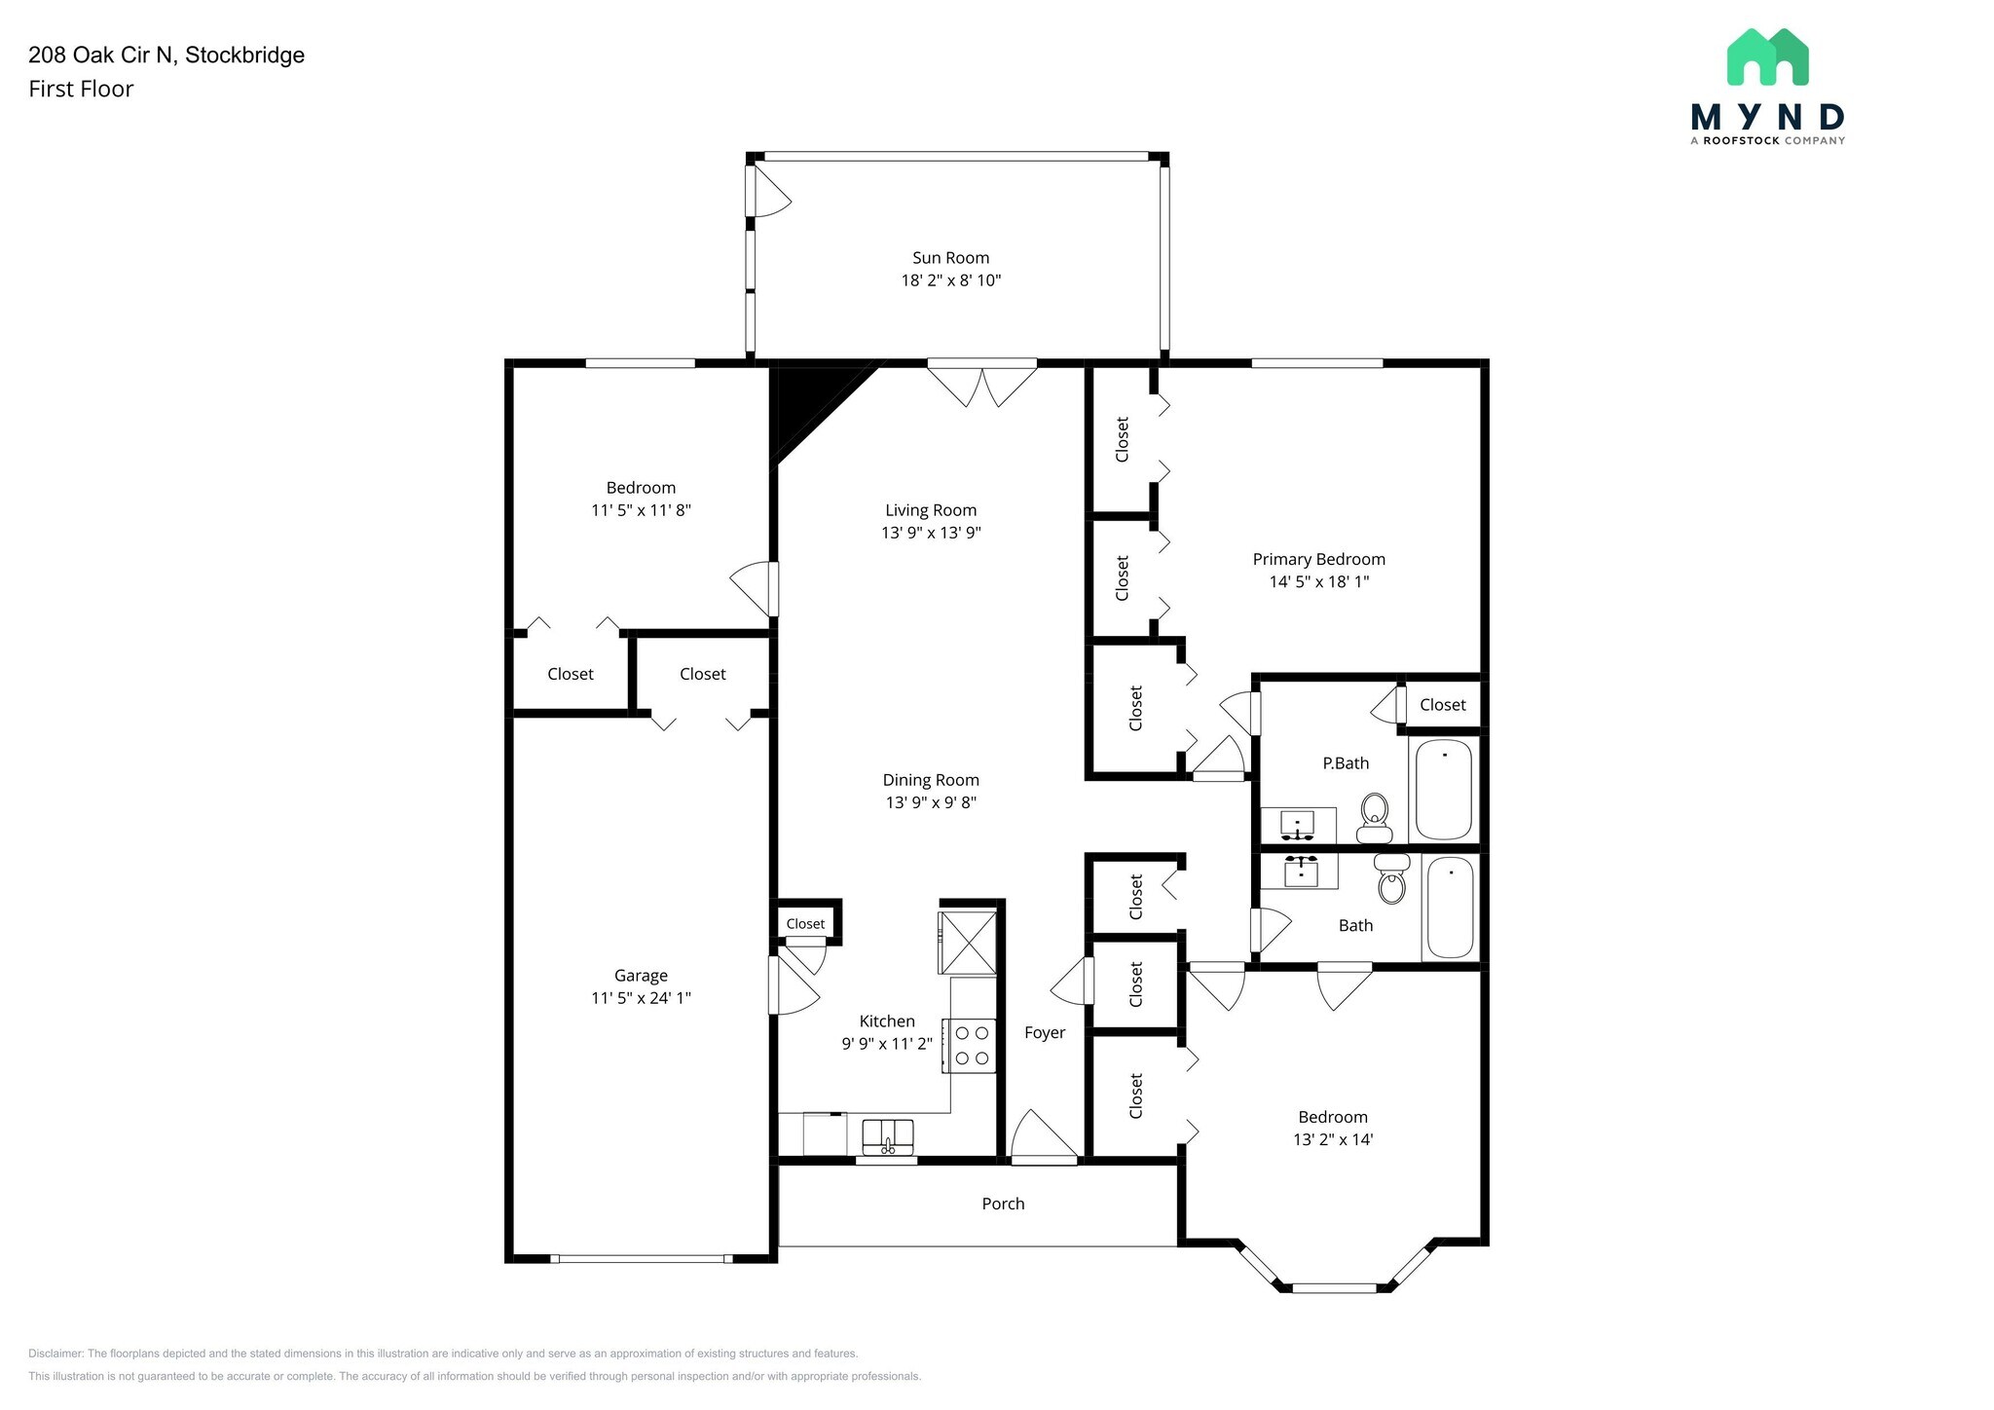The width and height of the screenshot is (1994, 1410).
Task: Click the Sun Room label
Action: (x=950, y=258)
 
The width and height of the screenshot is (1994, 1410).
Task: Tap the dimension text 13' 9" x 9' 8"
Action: (x=930, y=802)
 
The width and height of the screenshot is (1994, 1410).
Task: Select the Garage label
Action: (x=641, y=975)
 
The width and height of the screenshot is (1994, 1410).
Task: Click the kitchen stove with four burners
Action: (x=970, y=1046)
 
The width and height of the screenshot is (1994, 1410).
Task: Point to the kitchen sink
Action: (x=888, y=1135)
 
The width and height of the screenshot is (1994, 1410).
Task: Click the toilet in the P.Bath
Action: (x=1374, y=817)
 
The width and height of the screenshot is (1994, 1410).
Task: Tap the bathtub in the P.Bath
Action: (x=1443, y=789)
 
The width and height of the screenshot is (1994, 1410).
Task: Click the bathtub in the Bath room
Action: (x=1450, y=908)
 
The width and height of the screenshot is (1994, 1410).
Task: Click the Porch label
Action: (x=1003, y=1204)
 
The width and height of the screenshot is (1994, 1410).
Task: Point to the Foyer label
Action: (x=1045, y=1032)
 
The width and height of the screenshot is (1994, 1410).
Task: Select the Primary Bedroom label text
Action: (x=1318, y=559)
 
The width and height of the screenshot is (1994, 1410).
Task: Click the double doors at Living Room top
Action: (x=981, y=384)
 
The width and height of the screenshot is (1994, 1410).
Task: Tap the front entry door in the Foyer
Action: (x=1044, y=1136)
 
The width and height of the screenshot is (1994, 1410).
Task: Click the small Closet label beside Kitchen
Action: (x=805, y=923)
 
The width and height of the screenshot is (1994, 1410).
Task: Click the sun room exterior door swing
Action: (x=769, y=194)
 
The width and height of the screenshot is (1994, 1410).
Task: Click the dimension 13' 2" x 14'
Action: (x=1332, y=1139)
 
